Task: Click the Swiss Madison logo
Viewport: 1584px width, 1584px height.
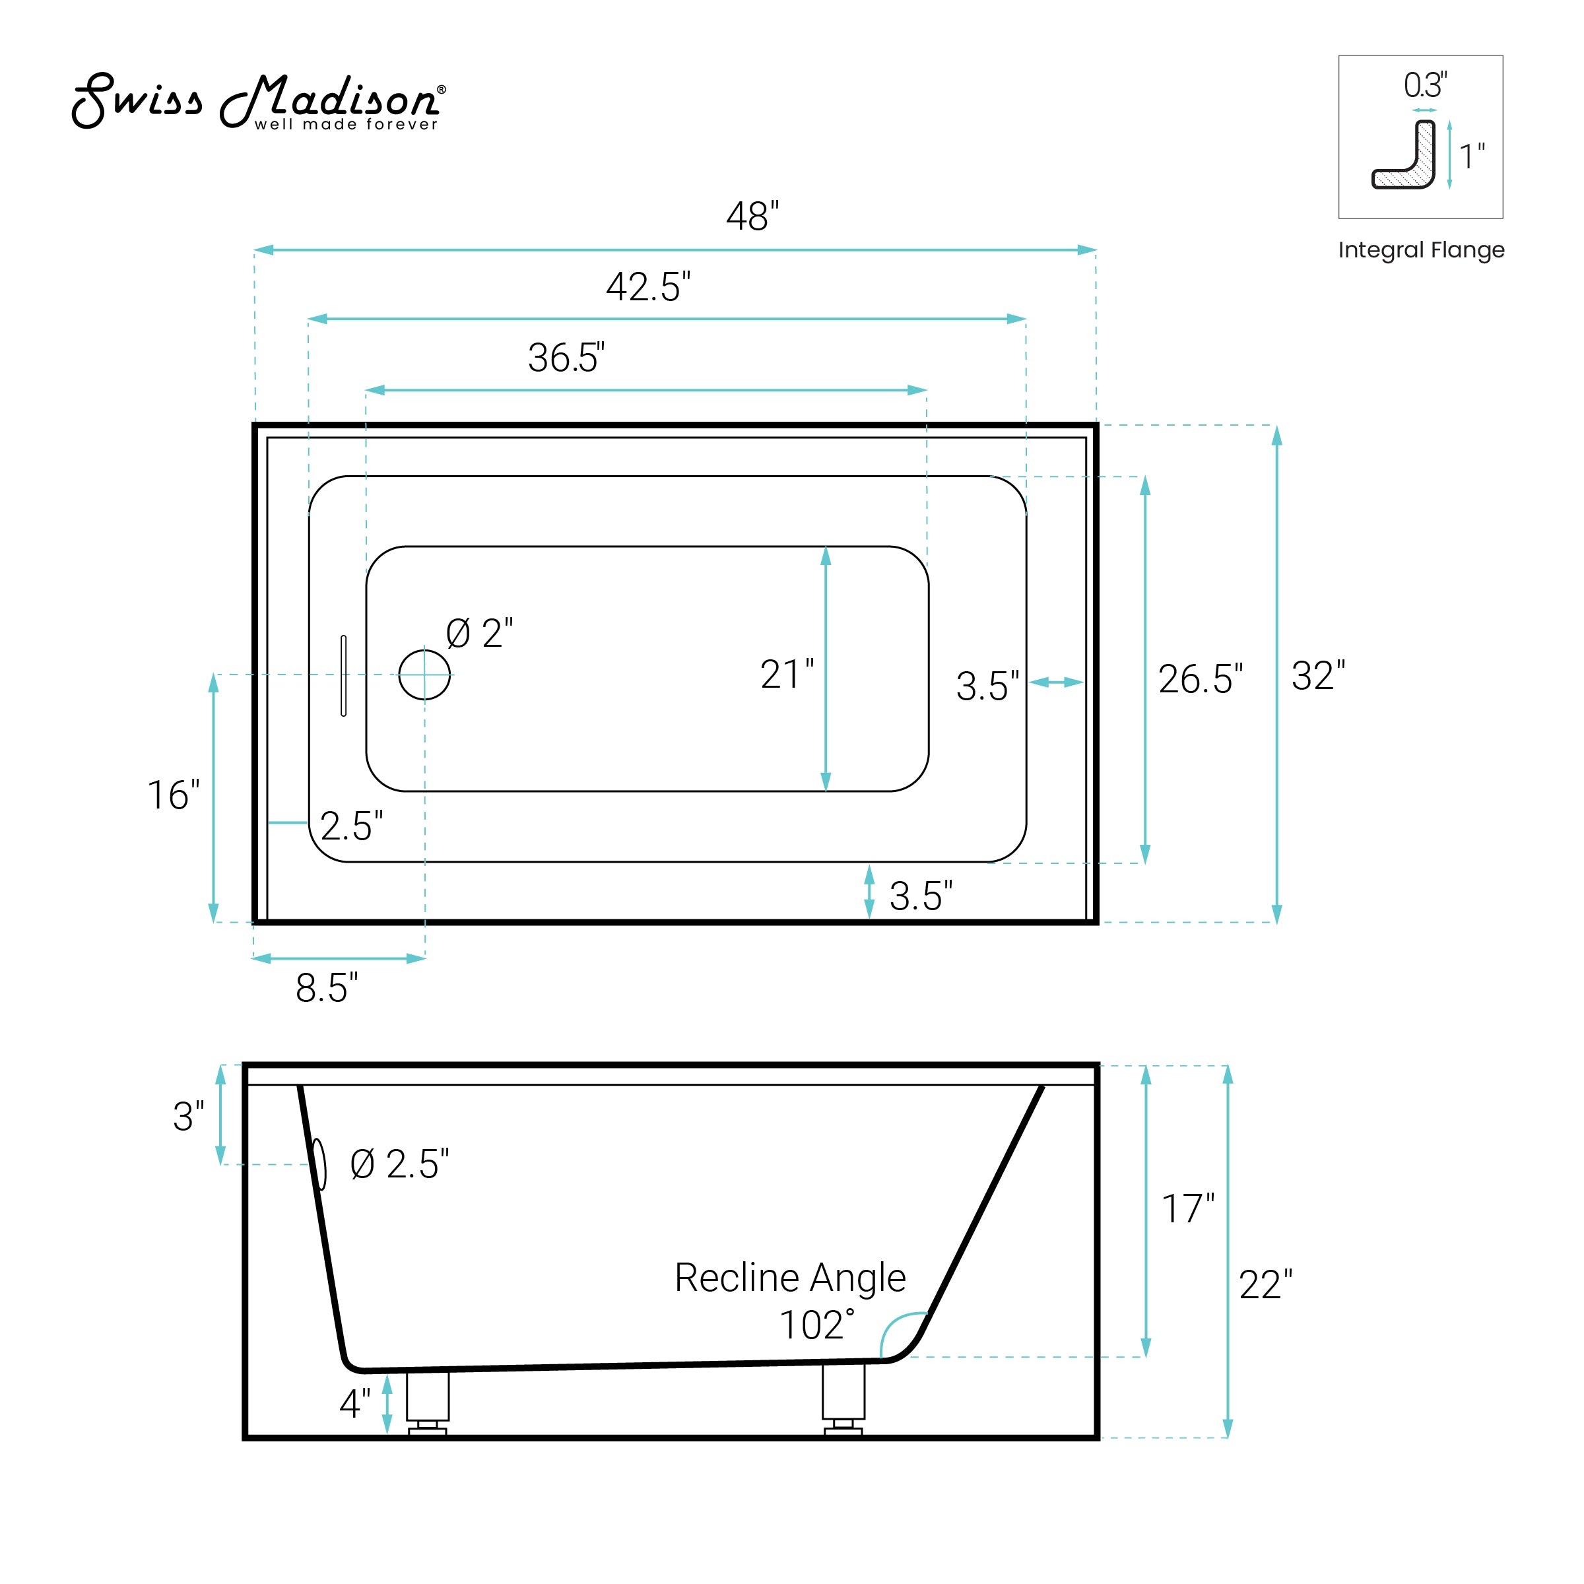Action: click(259, 102)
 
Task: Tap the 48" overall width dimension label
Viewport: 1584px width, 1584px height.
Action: click(752, 216)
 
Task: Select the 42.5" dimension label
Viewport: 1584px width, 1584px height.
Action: click(647, 287)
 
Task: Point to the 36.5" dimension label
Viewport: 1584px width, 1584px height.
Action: click(566, 358)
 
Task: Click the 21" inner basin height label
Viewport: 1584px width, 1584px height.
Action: click(787, 675)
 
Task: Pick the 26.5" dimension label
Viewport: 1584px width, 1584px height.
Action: click(1201, 679)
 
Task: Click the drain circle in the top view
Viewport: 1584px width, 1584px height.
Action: click(424, 674)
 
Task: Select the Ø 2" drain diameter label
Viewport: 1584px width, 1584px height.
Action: click(480, 634)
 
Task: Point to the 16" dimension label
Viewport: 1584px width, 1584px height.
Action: click(173, 795)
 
